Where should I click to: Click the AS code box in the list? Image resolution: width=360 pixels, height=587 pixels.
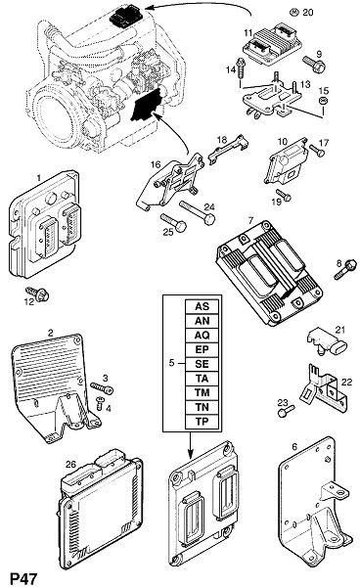(x=202, y=306)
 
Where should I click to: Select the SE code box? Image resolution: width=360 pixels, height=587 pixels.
(x=202, y=364)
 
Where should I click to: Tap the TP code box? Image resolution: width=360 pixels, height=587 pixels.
(x=202, y=422)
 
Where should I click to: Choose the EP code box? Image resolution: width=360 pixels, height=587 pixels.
(x=202, y=349)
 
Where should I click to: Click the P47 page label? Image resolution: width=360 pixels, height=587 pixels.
(x=23, y=578)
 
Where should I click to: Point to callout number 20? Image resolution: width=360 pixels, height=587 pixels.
(x=307, y=13)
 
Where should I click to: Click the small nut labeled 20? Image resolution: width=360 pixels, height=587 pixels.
(x=293, y=12)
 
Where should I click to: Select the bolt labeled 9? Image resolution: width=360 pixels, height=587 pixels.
(x=314, y=64)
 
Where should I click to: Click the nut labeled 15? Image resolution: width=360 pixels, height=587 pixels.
(x=322, y=101)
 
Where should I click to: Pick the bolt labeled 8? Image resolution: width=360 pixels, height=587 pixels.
(x=345, y=269)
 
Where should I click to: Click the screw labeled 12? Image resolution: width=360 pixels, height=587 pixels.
(x=38, y=293)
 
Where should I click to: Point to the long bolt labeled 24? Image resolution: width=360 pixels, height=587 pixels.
(x=198, y=212)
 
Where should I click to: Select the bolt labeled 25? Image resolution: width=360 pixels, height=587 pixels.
(x=173, y=222)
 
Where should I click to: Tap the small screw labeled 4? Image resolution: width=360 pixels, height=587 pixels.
(x=101, y=402)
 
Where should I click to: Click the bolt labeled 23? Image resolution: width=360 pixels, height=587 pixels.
(x=287, y=410)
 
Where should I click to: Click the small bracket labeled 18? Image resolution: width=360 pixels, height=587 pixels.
(x=228, y=149)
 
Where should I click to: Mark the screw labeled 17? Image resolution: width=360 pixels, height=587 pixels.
(x=317, y=151)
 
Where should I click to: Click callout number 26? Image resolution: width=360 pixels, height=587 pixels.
(x=70, y=464)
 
